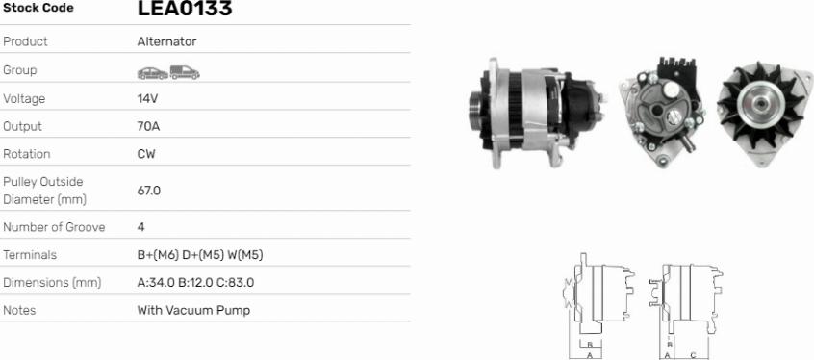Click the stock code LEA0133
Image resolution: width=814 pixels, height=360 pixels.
[x=185, y=8]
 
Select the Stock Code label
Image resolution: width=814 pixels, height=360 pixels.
[x=38, y=8]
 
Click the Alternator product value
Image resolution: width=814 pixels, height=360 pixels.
[x=166, y=41]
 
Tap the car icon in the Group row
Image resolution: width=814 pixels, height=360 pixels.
[x=153, y=73]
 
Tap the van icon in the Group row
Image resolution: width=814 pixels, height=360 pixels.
[x=185, y=73]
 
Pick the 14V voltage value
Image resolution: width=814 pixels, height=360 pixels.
[x=147, y=99]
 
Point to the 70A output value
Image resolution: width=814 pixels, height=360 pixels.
[x=148, y=126]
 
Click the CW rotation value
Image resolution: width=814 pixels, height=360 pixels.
[x=146, y=154]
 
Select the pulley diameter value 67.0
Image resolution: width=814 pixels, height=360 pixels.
[x=149, y=191]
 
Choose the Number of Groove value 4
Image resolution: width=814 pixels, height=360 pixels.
[x=140, y=227]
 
